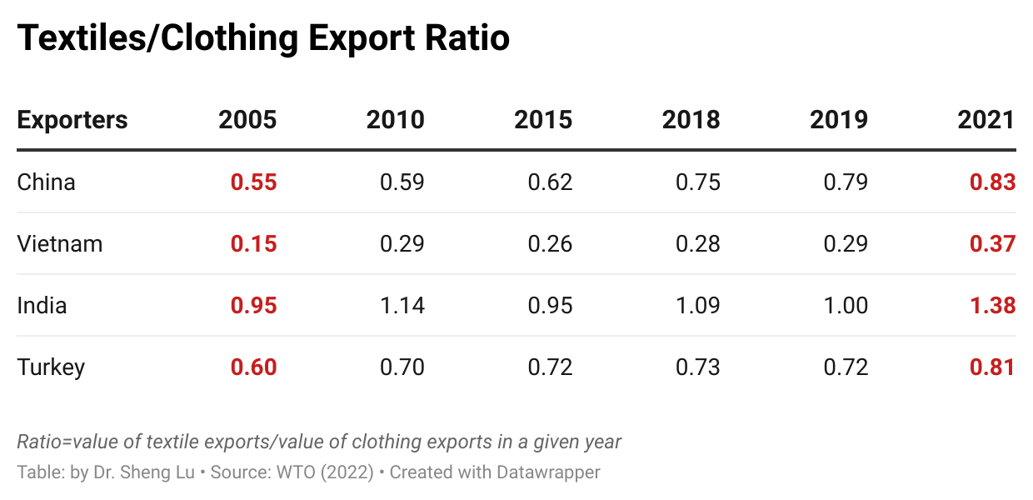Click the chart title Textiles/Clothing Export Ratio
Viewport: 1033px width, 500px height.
click(263, 38)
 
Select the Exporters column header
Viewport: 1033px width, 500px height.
click(72, 120)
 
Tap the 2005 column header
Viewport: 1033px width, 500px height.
click(247, 120)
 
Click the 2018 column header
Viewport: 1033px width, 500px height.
click(691, 120)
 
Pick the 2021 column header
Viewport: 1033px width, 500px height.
click(986, 120)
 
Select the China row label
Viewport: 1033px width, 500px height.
click(46, 182)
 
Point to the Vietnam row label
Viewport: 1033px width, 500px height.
click(60, 243)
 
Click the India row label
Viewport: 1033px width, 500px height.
click(42, 305)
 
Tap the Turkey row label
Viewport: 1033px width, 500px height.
click(51, 367)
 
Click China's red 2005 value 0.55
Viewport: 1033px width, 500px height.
click(253, 182)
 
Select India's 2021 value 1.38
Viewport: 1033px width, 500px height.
click(992, 305)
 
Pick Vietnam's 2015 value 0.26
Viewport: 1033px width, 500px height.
click(550, 243)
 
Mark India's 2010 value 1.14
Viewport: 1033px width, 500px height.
click(402, 305)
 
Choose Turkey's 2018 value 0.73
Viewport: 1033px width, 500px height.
click(697, 367)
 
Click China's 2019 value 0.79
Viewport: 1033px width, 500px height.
click(846, 182)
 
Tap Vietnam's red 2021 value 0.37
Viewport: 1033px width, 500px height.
click(992, 243)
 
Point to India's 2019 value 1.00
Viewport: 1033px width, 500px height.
click(846, 305)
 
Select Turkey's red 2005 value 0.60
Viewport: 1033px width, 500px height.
click(253, 367)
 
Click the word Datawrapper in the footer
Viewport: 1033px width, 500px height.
click(548, 472)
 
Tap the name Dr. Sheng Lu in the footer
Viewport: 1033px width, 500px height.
click(144, 472)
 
